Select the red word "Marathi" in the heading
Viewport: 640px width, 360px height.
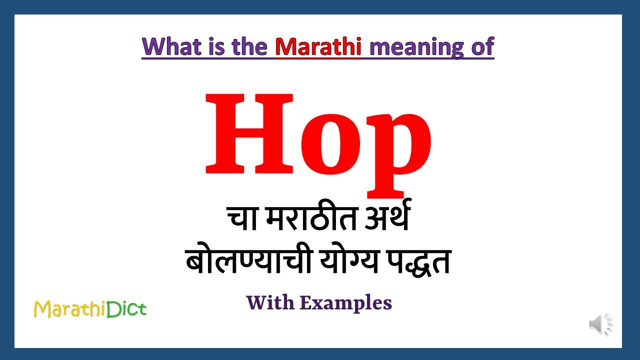318,46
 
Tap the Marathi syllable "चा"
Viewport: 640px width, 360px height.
242,220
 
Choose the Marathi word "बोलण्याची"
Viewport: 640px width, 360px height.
242,261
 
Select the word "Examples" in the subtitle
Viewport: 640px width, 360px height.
346,303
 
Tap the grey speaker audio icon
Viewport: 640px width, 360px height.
600,324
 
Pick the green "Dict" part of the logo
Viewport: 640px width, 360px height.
128,309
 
